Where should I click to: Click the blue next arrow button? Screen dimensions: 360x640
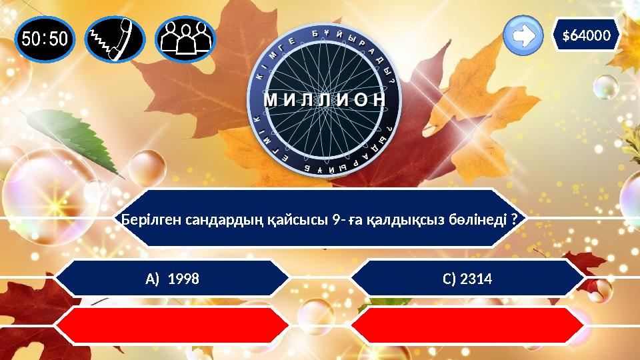click(x=523, y=37)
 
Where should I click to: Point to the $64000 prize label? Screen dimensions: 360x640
click(x=587, y=35)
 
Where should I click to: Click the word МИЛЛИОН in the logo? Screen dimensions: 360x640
click(x=325, y=100)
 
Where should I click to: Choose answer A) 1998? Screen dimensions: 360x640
click(x=172, y=278)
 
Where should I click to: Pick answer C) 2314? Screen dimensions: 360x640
click(x=467, y=278)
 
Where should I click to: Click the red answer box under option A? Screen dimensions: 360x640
click(x=172, y=325)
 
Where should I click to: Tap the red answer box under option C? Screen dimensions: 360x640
click(x=467, y=325)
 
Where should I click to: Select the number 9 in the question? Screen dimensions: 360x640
click(x=335, y=220)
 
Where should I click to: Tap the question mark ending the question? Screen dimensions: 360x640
click(x=516, y=220)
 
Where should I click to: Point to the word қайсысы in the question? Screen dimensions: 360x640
click(x=298, y=220)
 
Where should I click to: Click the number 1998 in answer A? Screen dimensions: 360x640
click(x=185, y=278)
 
